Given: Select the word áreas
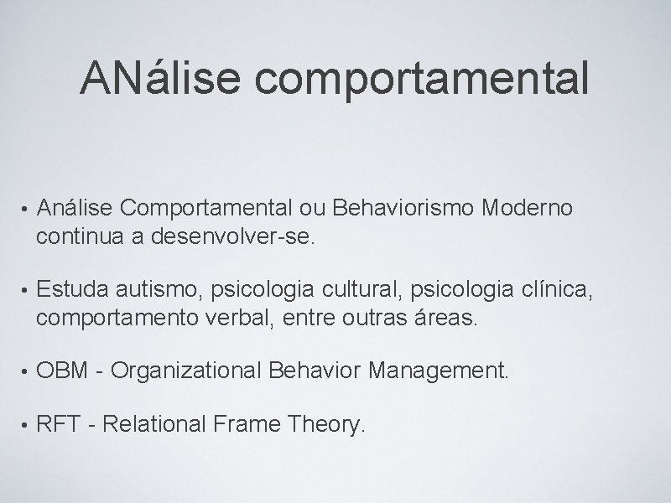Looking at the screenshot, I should [x=451, y=319].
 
